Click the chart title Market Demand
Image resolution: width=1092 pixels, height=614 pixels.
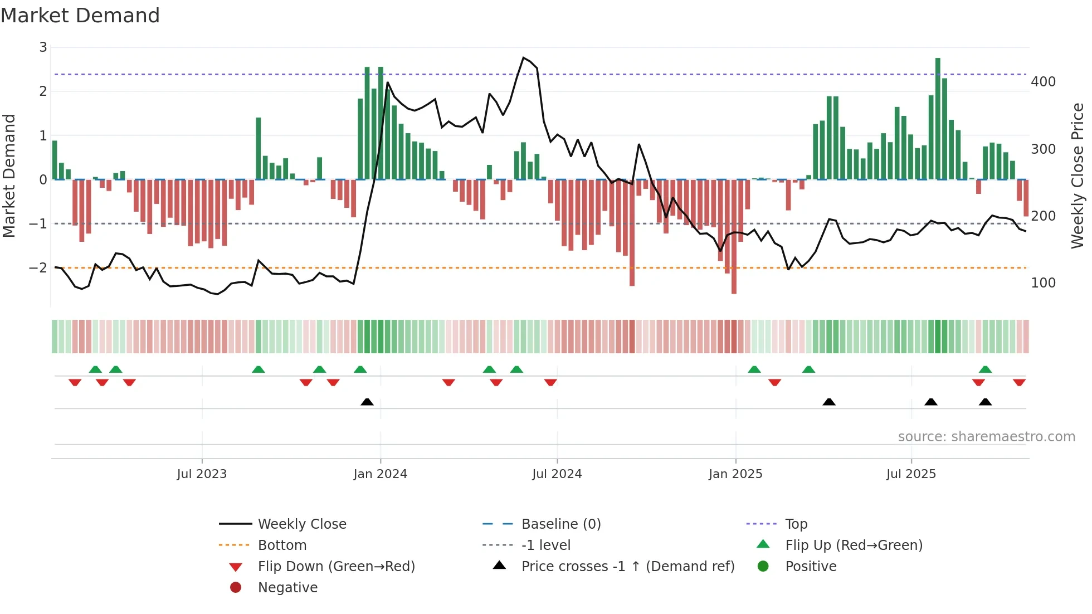coord(80,16)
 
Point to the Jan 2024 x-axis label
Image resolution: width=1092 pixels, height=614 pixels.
coord(380,474)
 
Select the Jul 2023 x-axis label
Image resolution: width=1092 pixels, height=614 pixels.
coord(202,474)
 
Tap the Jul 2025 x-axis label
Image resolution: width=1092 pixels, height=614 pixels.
coord(911,474)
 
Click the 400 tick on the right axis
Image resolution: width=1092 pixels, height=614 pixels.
coord(1043,82)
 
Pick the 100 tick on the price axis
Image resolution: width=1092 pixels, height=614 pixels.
coord(1043,283)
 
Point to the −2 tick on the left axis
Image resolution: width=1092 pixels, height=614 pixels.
coord(38,268)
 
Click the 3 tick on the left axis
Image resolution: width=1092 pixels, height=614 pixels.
coord(43,47)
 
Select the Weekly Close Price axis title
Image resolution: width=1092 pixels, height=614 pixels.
coord(1078,176)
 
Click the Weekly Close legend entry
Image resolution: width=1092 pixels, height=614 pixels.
coord(301,524)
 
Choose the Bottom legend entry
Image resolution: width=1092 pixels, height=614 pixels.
coord(282,545)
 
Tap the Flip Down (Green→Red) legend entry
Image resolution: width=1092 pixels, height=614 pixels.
coord(336,567)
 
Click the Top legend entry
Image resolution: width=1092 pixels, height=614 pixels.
coord(796,524)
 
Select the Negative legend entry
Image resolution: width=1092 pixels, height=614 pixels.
coord(287,588)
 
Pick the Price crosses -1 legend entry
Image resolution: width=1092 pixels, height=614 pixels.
coord(627,567)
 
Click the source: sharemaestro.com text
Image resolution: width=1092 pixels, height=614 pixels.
coord(986,437)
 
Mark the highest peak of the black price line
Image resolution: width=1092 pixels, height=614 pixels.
coord(523,57)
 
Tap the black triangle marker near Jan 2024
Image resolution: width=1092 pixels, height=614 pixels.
coord(367,402)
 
